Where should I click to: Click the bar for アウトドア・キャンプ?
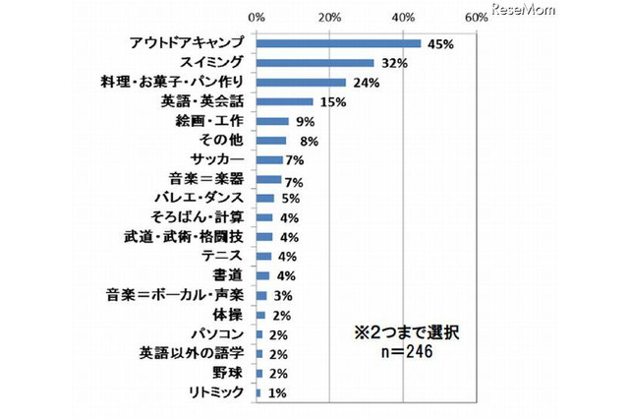tap(338, 43)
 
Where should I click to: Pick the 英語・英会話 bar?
tap(284, 102)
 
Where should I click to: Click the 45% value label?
tap(438, 43)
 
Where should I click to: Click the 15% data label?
tap(329, 102)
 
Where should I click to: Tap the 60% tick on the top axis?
tap(476, 18)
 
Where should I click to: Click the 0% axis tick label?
tap(257, 18)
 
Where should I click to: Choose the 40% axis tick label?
tap(403, 18)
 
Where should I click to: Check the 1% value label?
tap(278, 392)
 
